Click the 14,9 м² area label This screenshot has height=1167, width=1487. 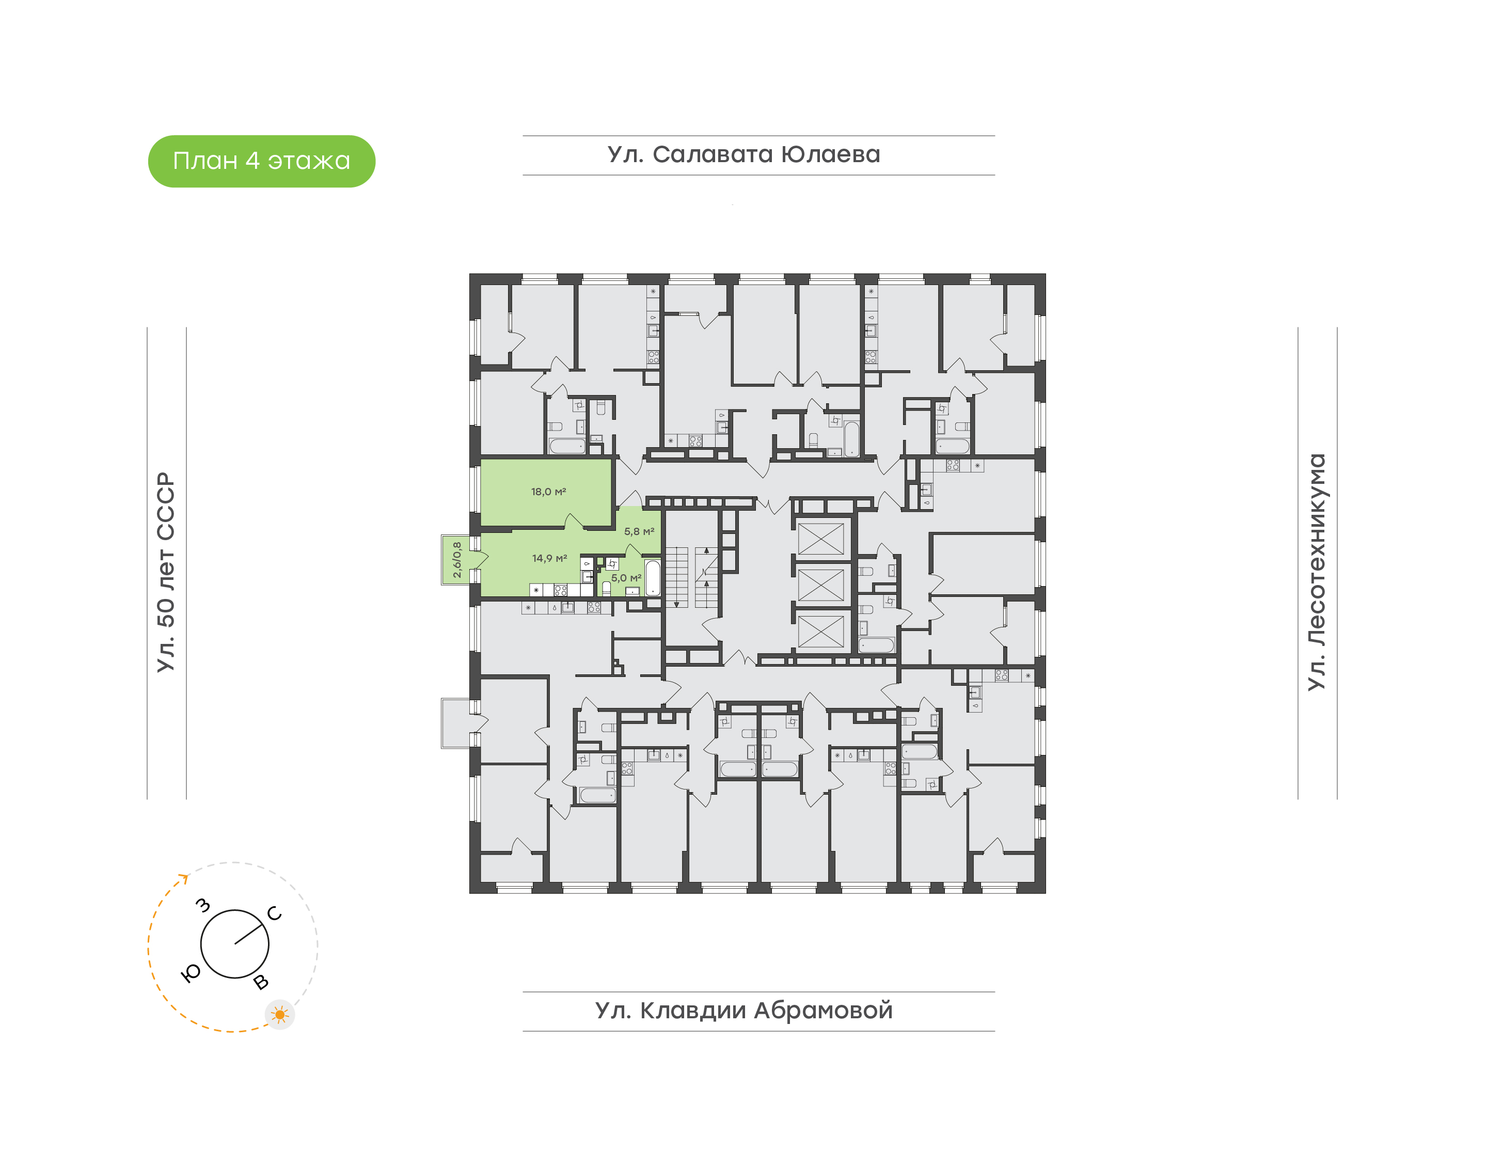point(549,558)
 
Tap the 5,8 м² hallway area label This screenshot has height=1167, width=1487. point(639,531)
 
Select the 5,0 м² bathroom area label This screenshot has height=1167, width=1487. point(626,578)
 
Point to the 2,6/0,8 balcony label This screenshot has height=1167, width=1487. point(456,560)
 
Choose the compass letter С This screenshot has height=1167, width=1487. point(275,913)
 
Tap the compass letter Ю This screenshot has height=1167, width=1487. point(191,974)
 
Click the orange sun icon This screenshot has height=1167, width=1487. point(279,1015)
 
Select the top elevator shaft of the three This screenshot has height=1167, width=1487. point(820,539)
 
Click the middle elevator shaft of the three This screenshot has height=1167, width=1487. point(820,585)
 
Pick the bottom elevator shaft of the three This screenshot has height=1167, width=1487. point(820,630)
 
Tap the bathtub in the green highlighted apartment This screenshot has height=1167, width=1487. point(652,578)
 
